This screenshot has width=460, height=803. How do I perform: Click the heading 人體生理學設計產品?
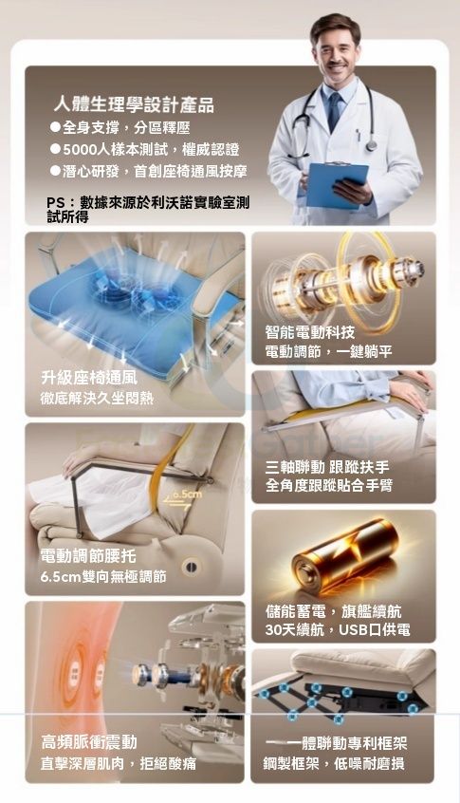(x=134, y=105)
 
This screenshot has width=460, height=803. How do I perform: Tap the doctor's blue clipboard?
(x=337, y=184)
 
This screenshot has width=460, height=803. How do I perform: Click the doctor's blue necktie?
(x=334, y=112)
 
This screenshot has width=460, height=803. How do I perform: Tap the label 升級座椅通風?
(x=89, y=379)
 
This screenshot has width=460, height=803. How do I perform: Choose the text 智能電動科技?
(x=309, y=332)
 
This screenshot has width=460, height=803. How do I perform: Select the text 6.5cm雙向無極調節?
(x=103, y=577)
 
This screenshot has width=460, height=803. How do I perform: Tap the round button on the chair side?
(x=190, y=567)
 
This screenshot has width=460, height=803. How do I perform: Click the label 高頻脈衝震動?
(x=89, y=742)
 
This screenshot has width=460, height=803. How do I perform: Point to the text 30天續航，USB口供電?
(x=338, y=630)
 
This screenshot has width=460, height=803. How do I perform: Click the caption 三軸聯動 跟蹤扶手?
(x=327, y=467)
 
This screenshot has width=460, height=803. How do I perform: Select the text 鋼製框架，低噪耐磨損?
(x=334, y=763)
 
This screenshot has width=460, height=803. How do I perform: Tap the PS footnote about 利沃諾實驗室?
(x=148, y=210)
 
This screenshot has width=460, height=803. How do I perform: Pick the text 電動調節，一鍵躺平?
(x=328, y=352)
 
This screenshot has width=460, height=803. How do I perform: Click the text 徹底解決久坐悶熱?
(x=97, y=399)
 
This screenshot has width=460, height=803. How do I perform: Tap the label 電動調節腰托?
(x=88, y=556)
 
